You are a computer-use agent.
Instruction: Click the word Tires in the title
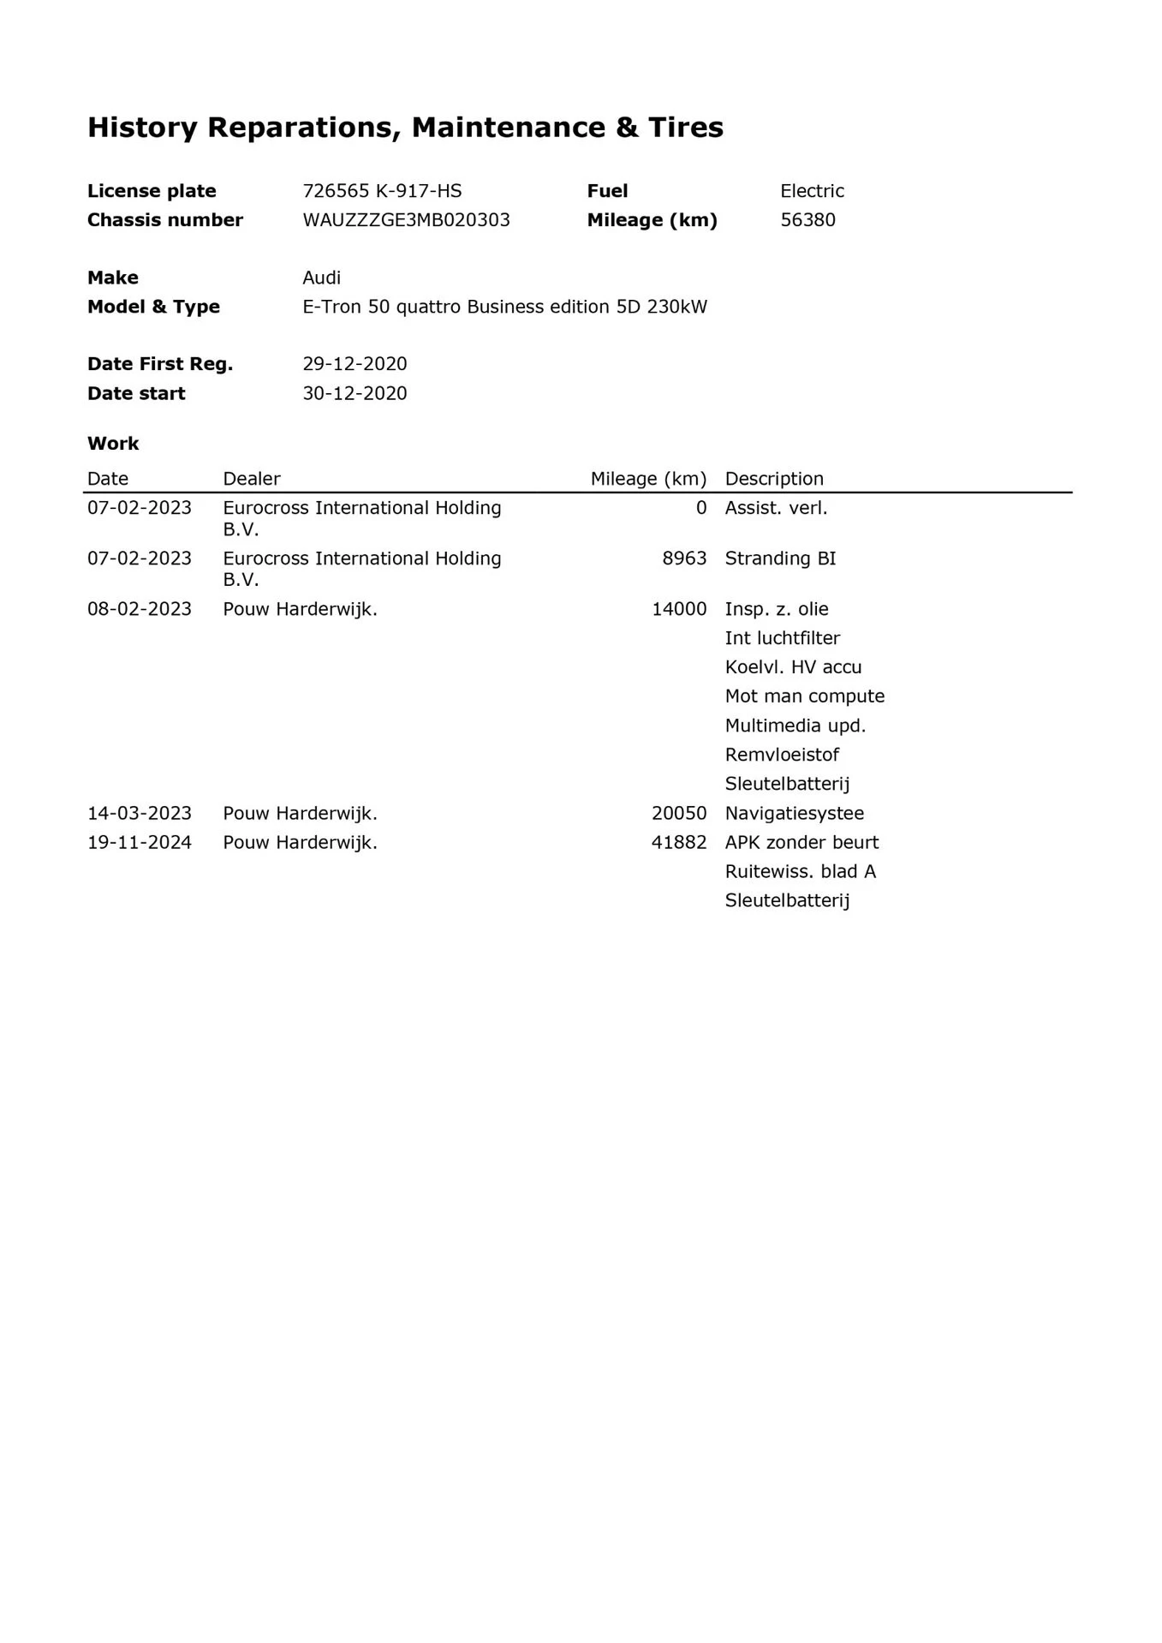[x=685, y=128]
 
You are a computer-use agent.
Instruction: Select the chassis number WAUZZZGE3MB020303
[x=406, y=220]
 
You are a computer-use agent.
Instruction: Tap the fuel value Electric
[x=812, y=191]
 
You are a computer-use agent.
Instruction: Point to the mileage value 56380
[x=807, y=220]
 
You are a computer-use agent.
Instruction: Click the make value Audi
[x=321, y=278]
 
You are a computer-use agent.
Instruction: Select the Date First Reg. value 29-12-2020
[x=355, y=364]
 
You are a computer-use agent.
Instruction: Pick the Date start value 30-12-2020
[x=355, y=393]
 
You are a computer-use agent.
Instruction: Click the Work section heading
[x=113, y=444]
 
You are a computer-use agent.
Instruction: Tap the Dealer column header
[x=252, y=479]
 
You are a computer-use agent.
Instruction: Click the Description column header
[x=774, y=479]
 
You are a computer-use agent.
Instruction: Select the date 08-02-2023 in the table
[x=140, y=609]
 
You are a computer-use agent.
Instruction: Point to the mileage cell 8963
[x=684, y=559]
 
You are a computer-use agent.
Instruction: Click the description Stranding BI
[x=780, y=559]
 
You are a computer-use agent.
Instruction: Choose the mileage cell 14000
[x=679, y=609]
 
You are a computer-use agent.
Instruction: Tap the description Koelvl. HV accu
[x=793, y=667]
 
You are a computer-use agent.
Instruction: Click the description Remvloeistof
[x=782, y=755]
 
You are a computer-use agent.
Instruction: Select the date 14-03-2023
[x=140, y=813]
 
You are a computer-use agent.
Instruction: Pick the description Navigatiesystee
[x=794, y=813]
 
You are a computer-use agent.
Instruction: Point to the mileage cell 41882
[x=679, y=842]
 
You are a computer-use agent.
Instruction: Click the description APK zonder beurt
[x=801, y=842]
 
